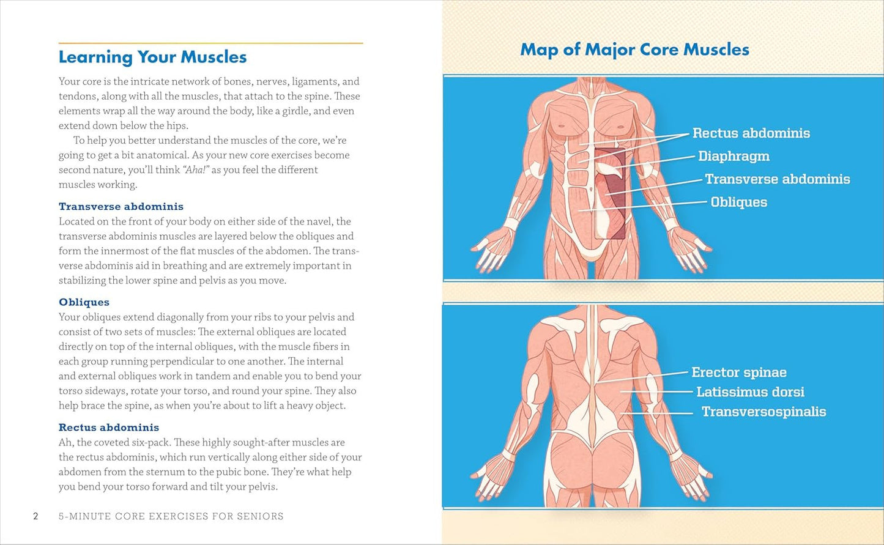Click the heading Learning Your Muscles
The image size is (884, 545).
click(x=152, y=57)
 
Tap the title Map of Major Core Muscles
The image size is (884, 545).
click(x=634, y=50)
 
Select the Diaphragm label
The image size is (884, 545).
click(x=734, y=157)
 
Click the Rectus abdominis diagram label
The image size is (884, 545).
click(x=751, y=133)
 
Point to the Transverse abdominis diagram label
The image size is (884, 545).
click(x=777, y=179)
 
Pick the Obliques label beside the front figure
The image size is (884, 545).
click(x=738, y=202)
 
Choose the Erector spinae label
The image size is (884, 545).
click(x=738, y=373)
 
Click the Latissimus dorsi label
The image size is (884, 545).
click(x=750, y=392)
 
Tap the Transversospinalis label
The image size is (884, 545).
click(x=763, y=412)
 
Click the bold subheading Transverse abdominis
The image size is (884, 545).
click(x=121, y=207)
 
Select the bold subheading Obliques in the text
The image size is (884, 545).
click(x=84, y=302)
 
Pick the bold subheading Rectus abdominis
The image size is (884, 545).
click(x=109, y=428)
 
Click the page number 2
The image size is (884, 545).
click(x=35, y=516)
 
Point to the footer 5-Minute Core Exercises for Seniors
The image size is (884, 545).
click(x=171, y=516)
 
